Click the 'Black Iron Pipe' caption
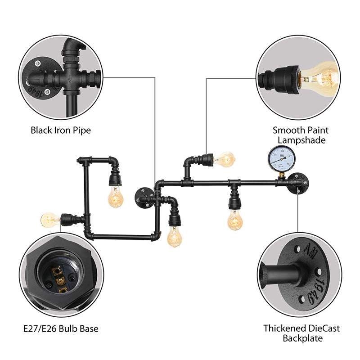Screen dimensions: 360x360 tap(61, 130)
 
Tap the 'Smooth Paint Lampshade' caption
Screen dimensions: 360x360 tap(301, 135)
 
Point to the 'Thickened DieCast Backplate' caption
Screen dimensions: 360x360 tap(301, 333)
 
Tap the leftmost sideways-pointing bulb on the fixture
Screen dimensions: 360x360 tap(50, 220)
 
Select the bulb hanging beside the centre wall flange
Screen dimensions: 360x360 tap(175, 236)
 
